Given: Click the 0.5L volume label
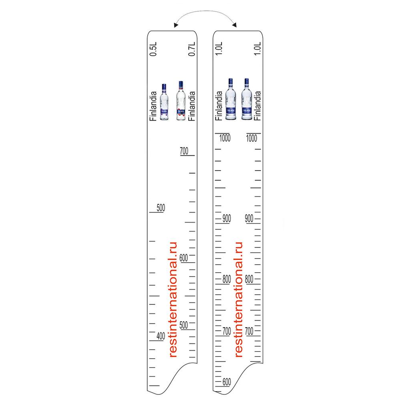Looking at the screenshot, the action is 153,48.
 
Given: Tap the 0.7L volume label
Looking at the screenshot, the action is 192,48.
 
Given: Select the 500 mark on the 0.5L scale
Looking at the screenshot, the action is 161,208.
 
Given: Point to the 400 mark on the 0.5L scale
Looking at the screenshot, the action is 161,336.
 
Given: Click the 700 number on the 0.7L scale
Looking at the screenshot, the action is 184,151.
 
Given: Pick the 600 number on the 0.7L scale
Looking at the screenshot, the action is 183,258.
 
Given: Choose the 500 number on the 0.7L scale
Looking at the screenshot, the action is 183,325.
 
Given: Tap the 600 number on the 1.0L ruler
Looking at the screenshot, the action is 227,382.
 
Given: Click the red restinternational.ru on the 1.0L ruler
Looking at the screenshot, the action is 239,299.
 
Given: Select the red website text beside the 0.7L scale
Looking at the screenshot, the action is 173,299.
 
